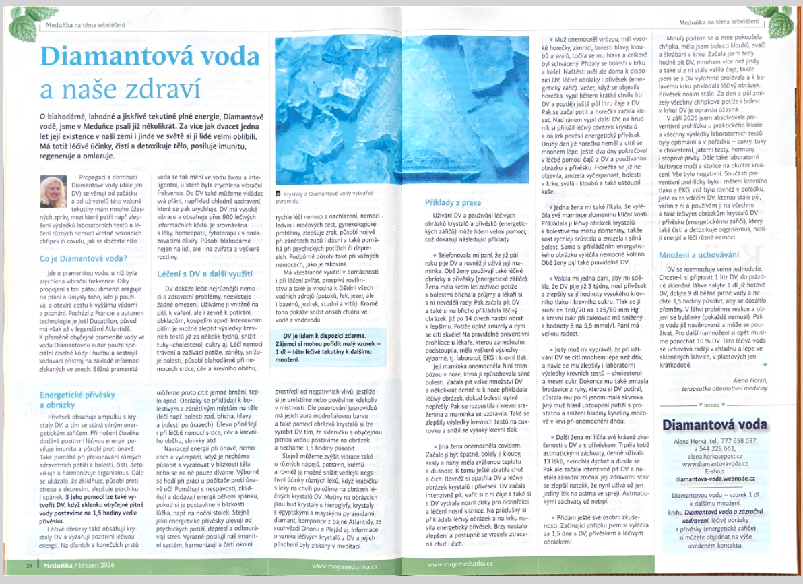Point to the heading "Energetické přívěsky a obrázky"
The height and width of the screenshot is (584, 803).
pos(77,399)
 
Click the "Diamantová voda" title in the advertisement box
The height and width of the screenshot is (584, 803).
pos(715,424)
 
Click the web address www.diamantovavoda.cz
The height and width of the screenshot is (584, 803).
pos(713,464)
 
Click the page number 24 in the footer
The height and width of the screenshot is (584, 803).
pos(30,563)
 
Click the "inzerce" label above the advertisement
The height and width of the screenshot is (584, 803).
pos(713,404)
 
